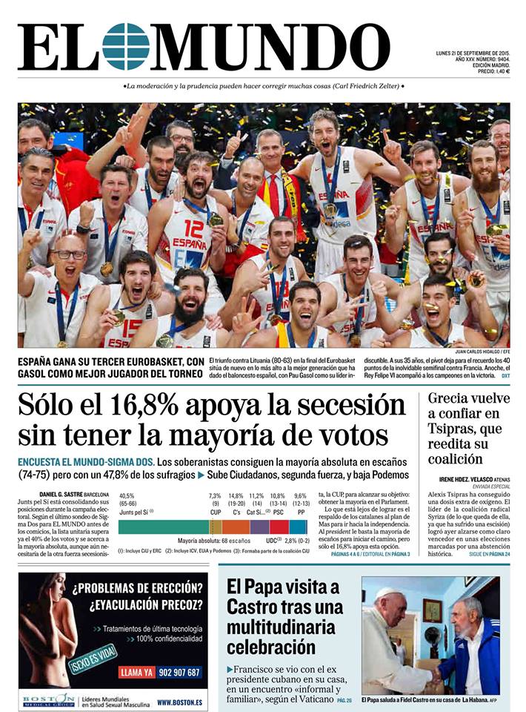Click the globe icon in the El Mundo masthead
pyautogui.click(x=125, y=46)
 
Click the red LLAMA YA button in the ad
pyautogui.click(x=136, y=672)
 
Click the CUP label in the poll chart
pyautogui.click(x=216, y=512)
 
